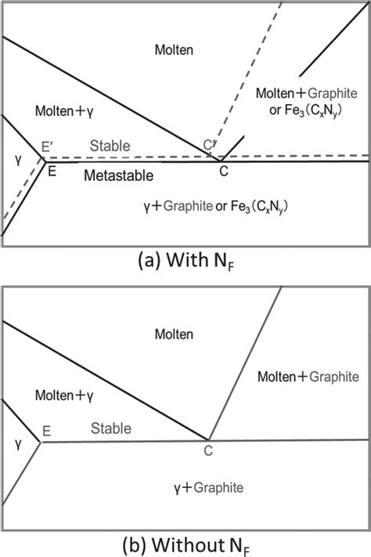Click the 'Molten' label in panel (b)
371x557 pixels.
[x=174, y=334]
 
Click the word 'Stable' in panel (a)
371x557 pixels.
[x=110, y=146]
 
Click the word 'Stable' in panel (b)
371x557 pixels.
[x=110, y=428]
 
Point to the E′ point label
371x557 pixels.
[x=49, y=146]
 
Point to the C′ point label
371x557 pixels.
[x=209, y=146]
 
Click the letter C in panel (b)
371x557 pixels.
[x=207, y=451]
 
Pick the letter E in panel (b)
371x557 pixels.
[x=46, y=430]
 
